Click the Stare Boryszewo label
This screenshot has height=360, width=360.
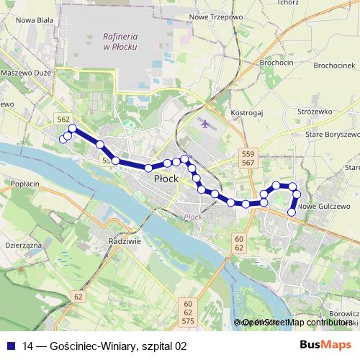tap(333, 135)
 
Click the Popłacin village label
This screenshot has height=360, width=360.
tap(25, 184)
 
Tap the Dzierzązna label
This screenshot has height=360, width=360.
tap(20, 245)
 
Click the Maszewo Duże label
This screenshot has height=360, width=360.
tap(26, 73)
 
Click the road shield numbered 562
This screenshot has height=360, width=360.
tap(63, 119)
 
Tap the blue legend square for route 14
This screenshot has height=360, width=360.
tap(12, 346)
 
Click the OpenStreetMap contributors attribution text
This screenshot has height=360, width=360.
tap(296, 323)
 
